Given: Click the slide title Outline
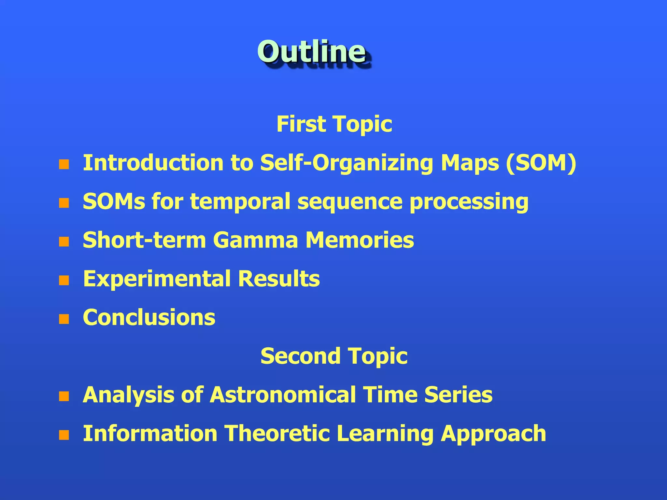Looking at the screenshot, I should pyautogui.click(x=312, y=51).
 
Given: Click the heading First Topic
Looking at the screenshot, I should pyautogui.click(x=334, y=124).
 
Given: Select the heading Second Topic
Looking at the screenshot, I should pyautogui.click(x=334, y=356).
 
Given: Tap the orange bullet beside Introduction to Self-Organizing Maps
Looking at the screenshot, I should pyautogui.click(x=64, y=164).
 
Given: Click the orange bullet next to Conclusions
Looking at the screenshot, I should pyautogui.click(x=64, y=319).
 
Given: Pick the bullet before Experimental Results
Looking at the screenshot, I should pyautogui.click(x=64, y=280).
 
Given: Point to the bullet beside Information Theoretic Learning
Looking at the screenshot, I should pyautogui.click(x=64, y=435).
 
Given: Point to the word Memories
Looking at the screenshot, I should pyautogui.click(x=360, y=240).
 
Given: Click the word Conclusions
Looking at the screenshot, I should pyautogui.click(x=149, y=317).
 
